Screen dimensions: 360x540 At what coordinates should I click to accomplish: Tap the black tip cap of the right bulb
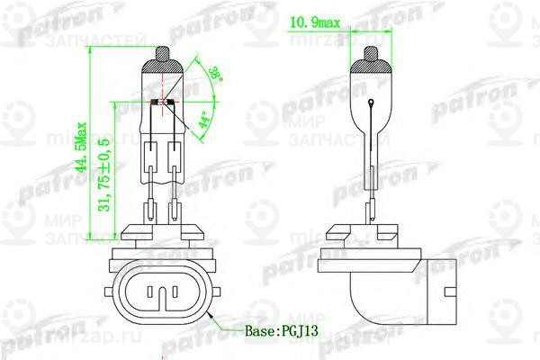[372, 58]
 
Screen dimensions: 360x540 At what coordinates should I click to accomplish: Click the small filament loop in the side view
[372, 105]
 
